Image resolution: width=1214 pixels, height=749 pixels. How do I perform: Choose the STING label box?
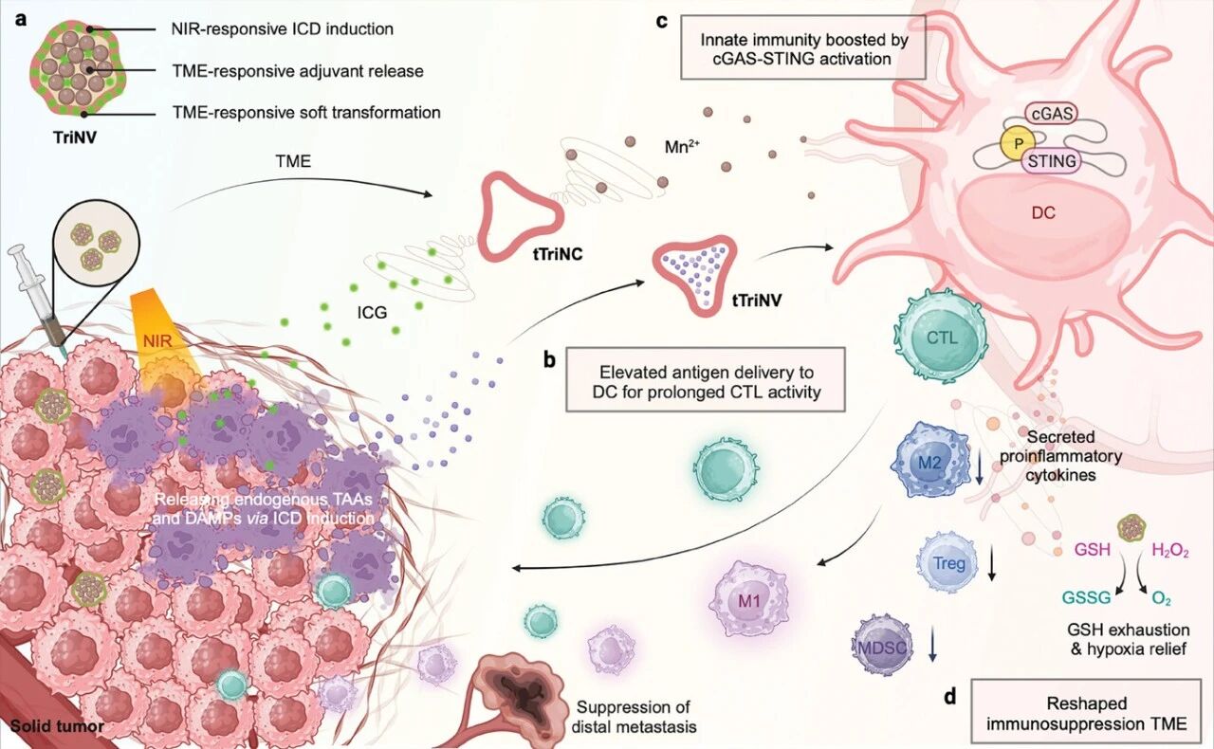click(1052, 161)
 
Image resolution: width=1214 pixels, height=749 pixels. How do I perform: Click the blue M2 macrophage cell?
click(930, 463)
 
